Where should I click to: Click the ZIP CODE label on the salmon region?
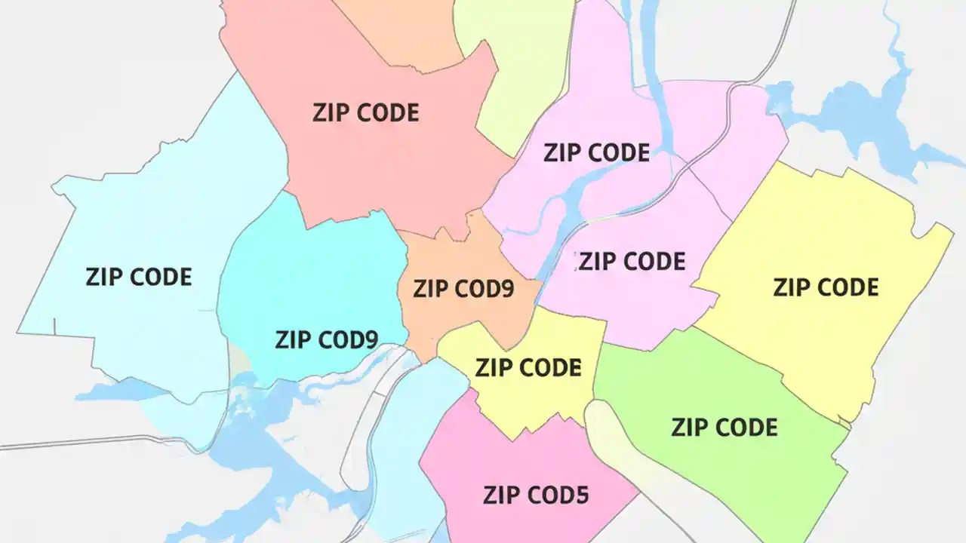click(x=365, y=113)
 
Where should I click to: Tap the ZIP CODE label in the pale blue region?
click(x=139, y=277)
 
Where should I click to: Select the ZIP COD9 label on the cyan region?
click(x=326, y=339)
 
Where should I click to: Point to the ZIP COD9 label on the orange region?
click(x=463, y=289)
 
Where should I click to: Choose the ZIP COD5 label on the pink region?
click(x=536, y=495)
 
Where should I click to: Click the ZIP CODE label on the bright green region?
click(x=724, y=428)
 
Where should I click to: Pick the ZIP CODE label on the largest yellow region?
click(x=826, y=287)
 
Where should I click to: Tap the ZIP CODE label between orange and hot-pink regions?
click(x=528, y=367)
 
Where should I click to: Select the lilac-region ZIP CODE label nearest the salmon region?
click(x=596, y=153)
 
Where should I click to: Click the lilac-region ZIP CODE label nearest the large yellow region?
click(x=632, y=262)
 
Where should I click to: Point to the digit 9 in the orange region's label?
click(x=506, y=289)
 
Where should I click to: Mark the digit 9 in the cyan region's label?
click(x=369, y=339)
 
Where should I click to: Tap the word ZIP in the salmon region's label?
click(x=330, y=113)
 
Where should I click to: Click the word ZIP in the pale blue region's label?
click(x=103, y=277)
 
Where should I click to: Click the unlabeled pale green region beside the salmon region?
click(x=521, y=68)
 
